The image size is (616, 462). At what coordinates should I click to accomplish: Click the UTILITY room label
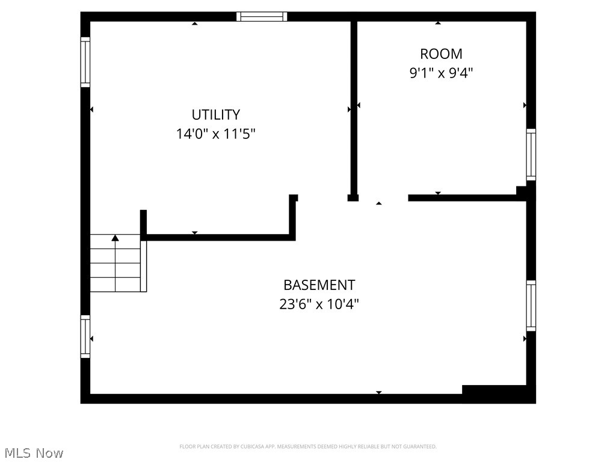(215, 114)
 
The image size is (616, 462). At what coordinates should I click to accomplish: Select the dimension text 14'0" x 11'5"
(215, 134)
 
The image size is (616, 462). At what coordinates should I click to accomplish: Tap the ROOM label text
(441, 54)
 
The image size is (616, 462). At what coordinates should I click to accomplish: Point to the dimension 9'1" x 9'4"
(441, 73)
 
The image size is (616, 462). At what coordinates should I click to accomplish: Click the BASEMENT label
(319, 285)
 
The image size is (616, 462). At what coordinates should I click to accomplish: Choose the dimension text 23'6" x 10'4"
(319, 304)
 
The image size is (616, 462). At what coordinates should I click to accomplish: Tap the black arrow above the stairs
(115, 238)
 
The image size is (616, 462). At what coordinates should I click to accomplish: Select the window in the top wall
(261, 17)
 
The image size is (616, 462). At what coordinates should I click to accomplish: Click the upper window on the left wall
(85, 63)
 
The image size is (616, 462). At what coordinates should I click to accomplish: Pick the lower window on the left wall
(85, 337)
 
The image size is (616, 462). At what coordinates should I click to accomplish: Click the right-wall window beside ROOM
(531, 155)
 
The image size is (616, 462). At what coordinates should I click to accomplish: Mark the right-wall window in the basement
(531, 306)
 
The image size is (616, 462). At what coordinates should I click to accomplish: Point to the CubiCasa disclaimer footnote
(307, 446)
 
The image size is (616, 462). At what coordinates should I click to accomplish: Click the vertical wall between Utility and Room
(354, 108)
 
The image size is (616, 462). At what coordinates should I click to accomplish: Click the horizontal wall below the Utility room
(220, 238)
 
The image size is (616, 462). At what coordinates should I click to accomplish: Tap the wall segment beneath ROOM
(463, 197)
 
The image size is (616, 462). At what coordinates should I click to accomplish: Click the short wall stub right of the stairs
(143, 224)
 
